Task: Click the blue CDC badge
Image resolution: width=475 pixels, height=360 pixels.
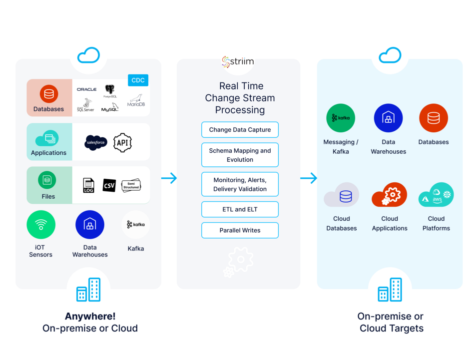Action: click(138, 80)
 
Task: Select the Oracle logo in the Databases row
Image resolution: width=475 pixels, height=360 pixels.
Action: click(86, 89)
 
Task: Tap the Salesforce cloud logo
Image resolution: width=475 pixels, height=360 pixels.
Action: click(96, 143)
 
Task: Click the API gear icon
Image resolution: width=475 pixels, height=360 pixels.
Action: click(122, 142)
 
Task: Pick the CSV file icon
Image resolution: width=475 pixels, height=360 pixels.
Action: click(109, 185)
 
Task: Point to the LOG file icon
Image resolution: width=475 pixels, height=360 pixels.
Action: click(88, 186)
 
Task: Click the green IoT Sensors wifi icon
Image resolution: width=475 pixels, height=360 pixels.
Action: click(41, 225)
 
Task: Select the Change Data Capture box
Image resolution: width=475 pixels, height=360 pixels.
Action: click(240, 130)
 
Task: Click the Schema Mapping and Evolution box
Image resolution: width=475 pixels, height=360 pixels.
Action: click(240, 155)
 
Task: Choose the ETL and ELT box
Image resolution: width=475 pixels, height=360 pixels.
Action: click(240, 209)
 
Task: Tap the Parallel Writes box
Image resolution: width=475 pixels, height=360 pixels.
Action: click(240, 230)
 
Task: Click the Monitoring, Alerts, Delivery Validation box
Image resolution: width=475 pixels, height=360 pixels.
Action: click(240, 184)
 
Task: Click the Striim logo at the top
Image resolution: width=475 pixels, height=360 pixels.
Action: click(238, 62)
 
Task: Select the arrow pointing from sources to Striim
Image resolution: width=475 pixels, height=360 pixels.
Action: click(169, 178)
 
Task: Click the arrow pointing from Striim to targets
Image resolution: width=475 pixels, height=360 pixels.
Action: click(308, 178)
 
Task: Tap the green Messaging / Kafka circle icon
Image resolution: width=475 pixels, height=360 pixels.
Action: click(341, 118)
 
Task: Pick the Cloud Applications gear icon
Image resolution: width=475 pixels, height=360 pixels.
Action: click(389, 195)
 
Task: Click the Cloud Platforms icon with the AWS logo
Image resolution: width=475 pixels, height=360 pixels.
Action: click(436, 195)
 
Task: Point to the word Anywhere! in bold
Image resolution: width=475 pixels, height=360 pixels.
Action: click(90, 316)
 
